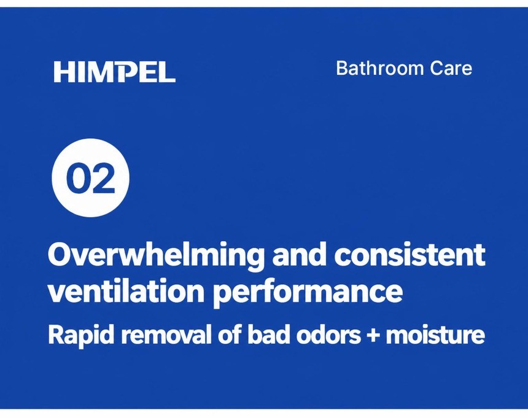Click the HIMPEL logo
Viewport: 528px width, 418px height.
[114, 72]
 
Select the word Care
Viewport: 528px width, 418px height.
[451, 68]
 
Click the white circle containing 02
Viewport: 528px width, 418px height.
[91, 178]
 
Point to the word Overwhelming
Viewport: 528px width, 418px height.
[155, 257]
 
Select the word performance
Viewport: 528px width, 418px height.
[308, 292]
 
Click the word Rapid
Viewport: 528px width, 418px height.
[81, 335]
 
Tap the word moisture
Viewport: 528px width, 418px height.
[435, 335]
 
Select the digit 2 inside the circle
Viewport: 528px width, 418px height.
[103, 178]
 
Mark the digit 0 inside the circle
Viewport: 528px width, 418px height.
[78, 178]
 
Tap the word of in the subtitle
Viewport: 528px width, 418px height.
[230, 335]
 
